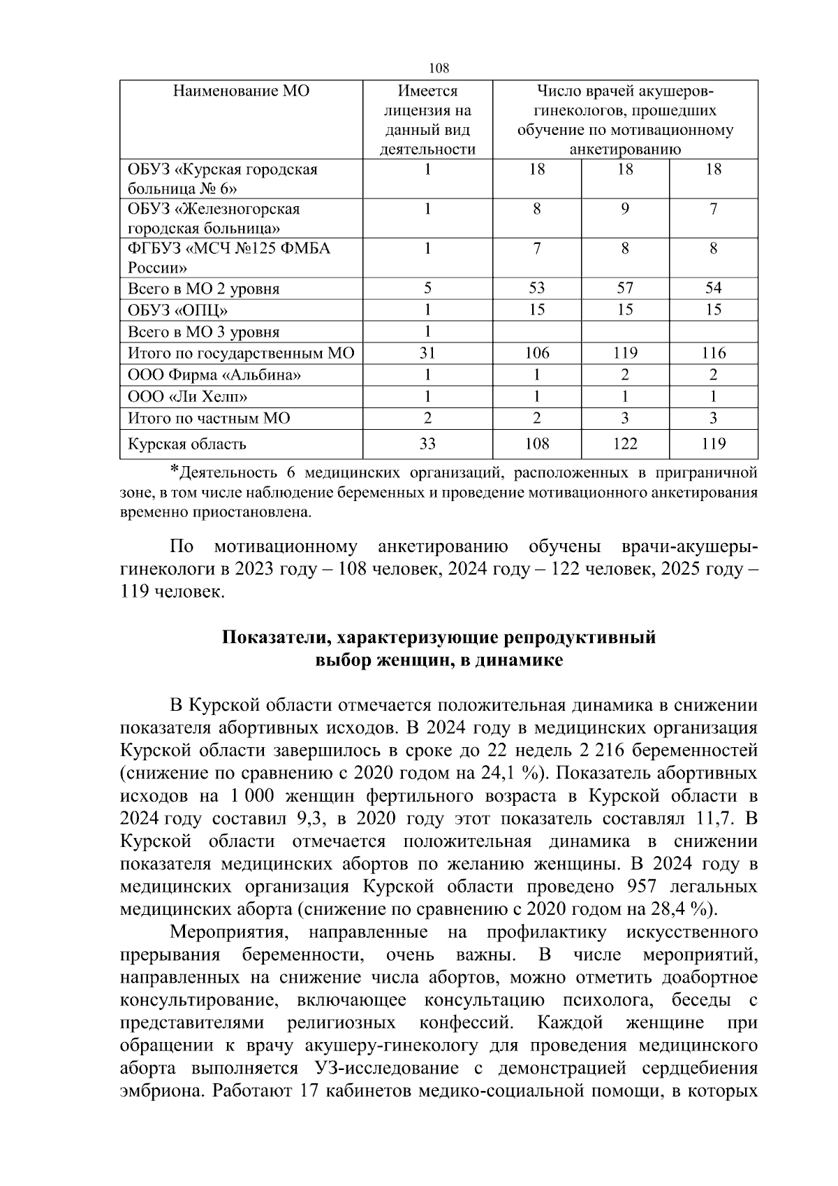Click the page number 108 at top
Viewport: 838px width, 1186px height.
point(439,68)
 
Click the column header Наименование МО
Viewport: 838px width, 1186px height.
point(241,92)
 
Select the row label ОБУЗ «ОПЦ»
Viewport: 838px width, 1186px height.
point(177,310)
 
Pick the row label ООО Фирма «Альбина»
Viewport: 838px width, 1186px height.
point(214,375)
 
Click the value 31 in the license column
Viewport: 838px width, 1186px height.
point(427,354)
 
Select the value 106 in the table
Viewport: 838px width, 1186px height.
point(536,354)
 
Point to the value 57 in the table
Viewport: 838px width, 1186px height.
point(624,289)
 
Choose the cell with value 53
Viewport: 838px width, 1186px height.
point(536,289)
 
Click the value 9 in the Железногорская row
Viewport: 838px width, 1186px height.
point(624,209)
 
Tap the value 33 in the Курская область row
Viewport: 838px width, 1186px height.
point(427,444)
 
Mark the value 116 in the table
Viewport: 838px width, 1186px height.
point(713,354)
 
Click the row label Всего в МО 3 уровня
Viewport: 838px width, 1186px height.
point(203,332)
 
